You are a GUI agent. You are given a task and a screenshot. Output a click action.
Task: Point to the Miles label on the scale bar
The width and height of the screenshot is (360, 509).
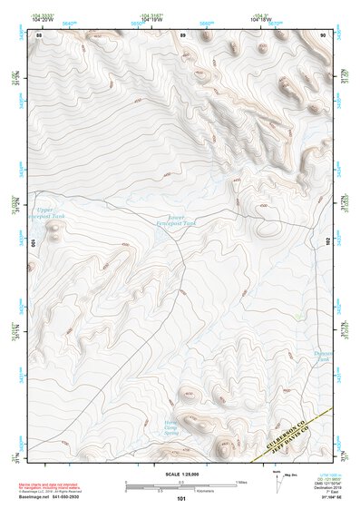click(241, 481)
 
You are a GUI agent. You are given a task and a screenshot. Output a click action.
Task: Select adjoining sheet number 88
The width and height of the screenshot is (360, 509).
click(39, 34)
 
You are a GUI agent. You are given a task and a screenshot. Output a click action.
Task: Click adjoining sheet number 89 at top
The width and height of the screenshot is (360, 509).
click(183, 34)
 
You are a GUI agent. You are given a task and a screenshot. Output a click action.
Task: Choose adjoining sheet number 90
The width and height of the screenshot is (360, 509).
click(323, 34)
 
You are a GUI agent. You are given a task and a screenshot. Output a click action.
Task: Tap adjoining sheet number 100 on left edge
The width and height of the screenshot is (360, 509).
click(32, 243)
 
